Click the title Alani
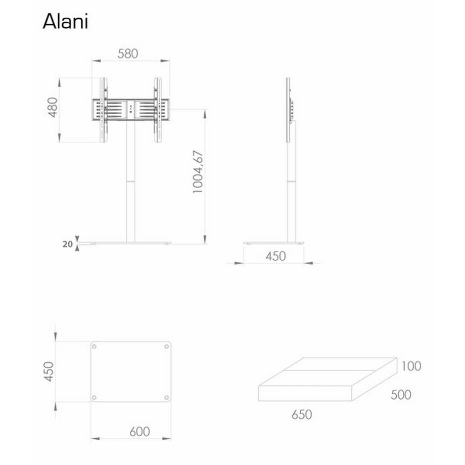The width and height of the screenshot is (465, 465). (65, 21)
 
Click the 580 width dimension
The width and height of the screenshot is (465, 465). (127, 54)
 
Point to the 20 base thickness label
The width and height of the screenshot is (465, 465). (67, 244)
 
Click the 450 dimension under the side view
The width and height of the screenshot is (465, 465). (275, 256)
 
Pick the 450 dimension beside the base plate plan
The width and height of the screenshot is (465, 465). (48, 371)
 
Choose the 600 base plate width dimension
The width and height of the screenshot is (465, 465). (139, 432)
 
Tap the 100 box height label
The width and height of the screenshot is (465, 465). (412, 365)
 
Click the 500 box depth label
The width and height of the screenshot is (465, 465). (401, 394)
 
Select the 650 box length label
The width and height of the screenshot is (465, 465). (302, 414)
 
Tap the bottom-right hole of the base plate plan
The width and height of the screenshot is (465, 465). (167, 397)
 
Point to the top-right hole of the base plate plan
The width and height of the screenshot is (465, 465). (167, 347)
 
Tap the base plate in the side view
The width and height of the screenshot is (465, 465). (273, 243)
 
